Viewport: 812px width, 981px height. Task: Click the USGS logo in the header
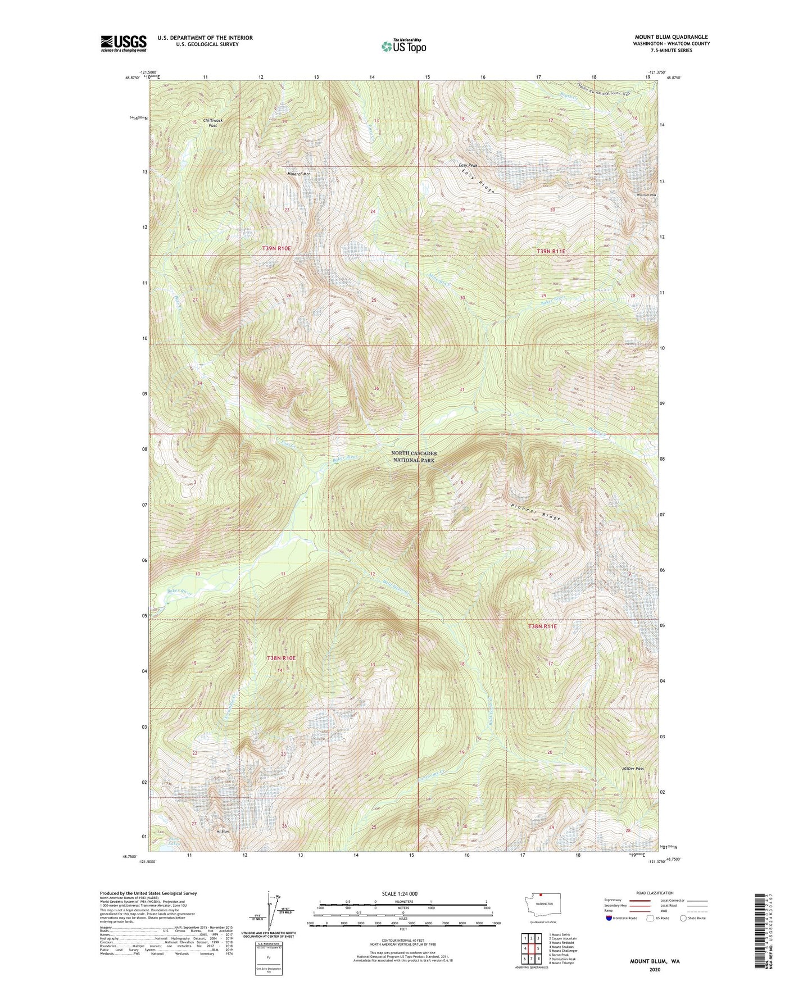124,43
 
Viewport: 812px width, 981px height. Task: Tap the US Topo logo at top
403,46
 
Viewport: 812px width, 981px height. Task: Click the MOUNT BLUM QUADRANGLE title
671,37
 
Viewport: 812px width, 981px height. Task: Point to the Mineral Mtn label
298,174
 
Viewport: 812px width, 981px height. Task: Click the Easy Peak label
468,165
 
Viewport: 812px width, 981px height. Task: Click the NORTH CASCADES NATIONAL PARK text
414,456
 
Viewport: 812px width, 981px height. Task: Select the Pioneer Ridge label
536,511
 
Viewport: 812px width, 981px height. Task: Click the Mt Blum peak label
224,831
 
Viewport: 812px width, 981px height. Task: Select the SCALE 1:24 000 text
400,893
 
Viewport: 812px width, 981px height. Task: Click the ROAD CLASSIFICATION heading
655,893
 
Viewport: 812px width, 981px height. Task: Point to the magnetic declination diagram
272,910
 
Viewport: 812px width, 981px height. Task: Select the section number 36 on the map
376,389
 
